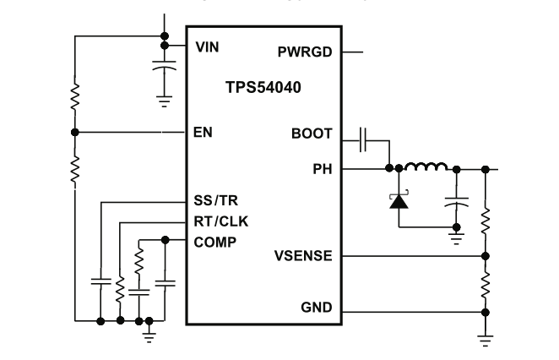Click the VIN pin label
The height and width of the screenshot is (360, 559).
pyautogui.click(x=207, y=46)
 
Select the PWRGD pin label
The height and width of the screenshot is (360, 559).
pyautogui.click(x=305, y=52)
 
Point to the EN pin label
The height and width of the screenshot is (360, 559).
pyautogui.click(x=203, y=133)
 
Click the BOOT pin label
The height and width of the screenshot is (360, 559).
pyautogui.click(x=312, y=134)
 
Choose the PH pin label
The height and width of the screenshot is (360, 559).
pyautogui.click(x=323, y=169)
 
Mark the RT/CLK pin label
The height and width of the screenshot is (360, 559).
pyautogui.click(x=221, y=221)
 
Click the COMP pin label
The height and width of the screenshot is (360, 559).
pyautogui.click(x=215, y=242)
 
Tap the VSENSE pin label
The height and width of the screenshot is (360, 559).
pyautogui.click(x=305, y=255)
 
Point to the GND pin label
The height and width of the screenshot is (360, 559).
pyautogui.click(x=317, y=308)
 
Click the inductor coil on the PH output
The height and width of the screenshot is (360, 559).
pyautogui.click(x=424, y=167)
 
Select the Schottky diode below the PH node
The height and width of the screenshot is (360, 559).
pyautogui.click(x=397, y=202)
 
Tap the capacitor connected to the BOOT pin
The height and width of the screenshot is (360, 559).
pyautogui.click(x=363, y=139)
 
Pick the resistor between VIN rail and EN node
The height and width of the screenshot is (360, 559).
pyautogui.click(x=74, y=94)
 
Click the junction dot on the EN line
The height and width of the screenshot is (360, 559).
pyautogui.click(x=74, y=132)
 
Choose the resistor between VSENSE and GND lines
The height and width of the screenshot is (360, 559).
pyautogui.click(x=486, y=284)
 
